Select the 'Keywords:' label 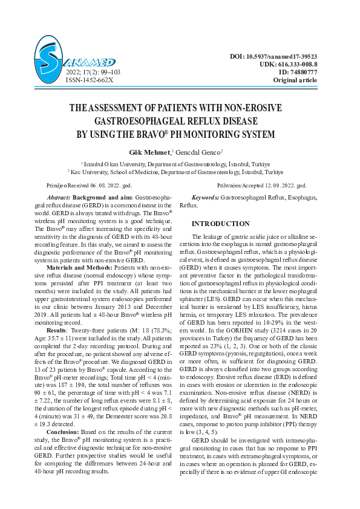tap(205, 198)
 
